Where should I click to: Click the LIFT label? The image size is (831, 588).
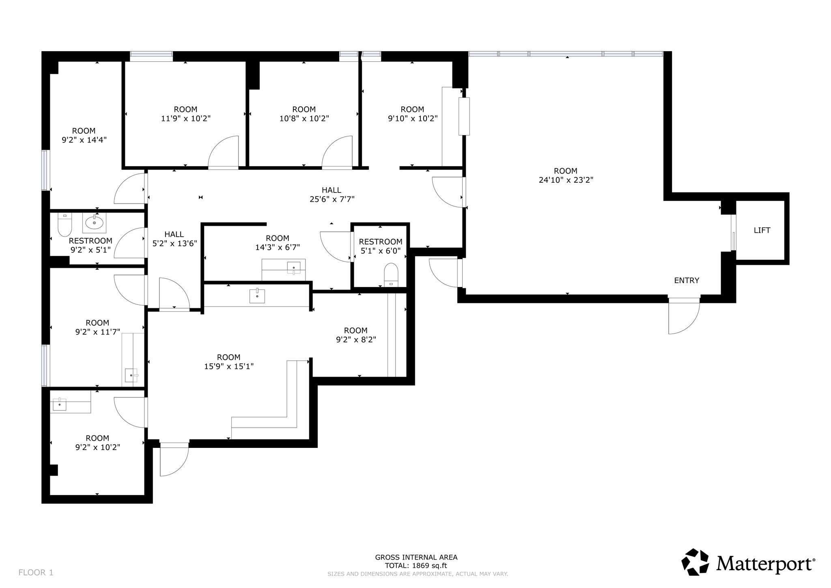[762, 230]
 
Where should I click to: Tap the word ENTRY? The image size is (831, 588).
[687, 280]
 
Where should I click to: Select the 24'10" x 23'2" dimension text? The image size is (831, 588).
[566, 180]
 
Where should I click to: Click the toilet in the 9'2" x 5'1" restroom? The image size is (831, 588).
[65, 225]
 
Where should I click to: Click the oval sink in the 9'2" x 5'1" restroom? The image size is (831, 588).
[94, 223]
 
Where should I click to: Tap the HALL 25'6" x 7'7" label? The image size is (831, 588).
[332, 195]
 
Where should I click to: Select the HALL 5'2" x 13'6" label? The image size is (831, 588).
[174, 239]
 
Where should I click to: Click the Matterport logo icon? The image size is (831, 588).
[695, 562]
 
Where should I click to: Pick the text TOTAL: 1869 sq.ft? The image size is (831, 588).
[416, 566]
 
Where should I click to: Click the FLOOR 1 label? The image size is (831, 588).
[36, 573]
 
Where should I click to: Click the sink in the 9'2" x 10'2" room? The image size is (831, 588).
[60, 404]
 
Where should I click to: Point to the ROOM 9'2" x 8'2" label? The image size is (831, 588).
[356, 335]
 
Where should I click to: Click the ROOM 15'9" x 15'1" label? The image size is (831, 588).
[228, 362]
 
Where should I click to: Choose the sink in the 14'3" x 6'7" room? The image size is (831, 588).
[293, 268]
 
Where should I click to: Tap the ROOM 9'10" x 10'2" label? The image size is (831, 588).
[412, 114]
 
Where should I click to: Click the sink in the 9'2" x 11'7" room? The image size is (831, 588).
[131, 375]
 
